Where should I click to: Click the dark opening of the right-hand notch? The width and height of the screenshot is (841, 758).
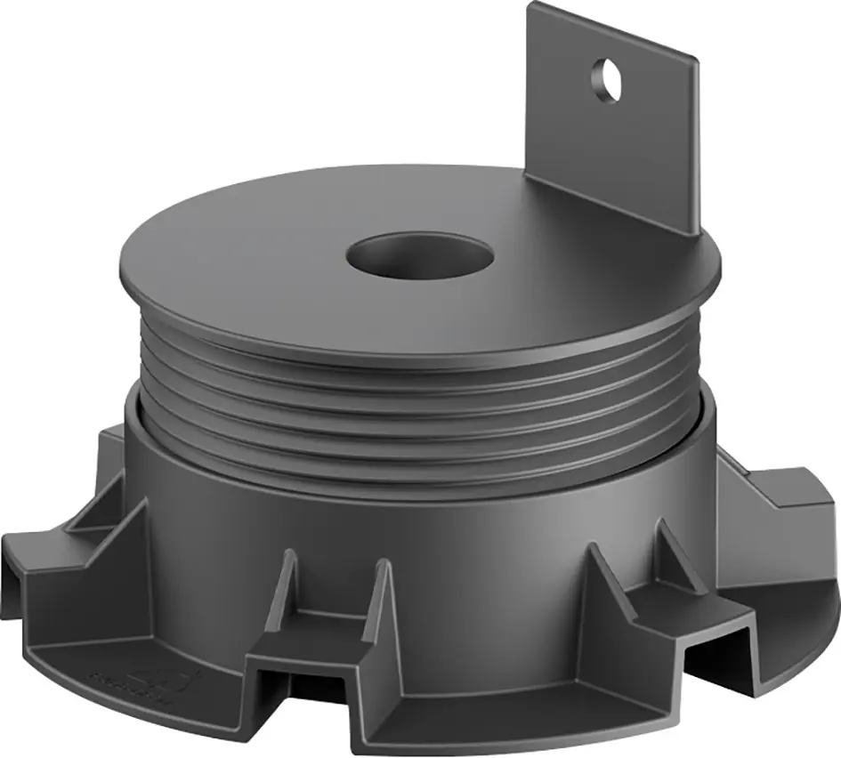pos(716,654)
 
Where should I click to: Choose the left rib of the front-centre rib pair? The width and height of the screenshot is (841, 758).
pos(287,587)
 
